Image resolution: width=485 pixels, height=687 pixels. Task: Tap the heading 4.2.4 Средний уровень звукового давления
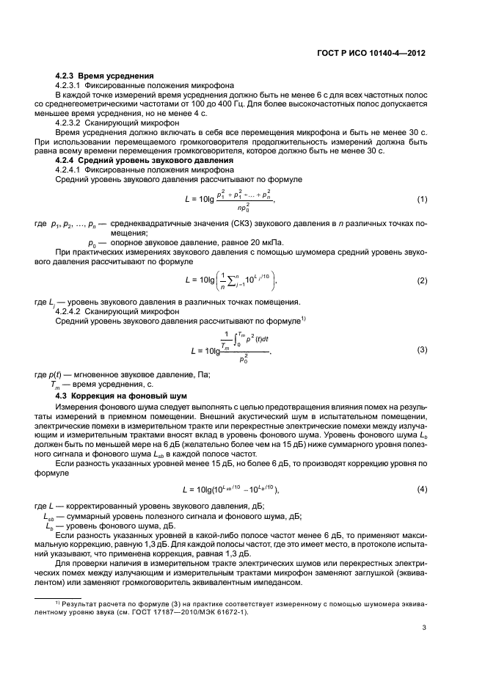click(149, 160)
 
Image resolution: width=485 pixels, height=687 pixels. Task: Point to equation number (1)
click(422, 200)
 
